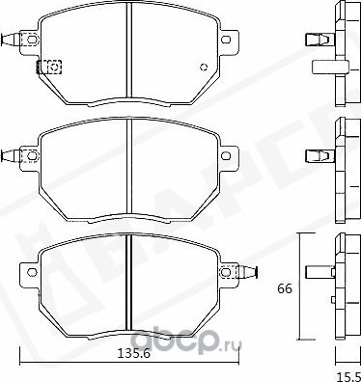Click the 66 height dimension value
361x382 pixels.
point(285,287)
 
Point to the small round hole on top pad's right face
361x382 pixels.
point(204,67)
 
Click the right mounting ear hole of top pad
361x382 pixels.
point(227,40)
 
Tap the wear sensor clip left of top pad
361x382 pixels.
point(13,41)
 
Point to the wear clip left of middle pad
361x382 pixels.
point(13,152)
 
